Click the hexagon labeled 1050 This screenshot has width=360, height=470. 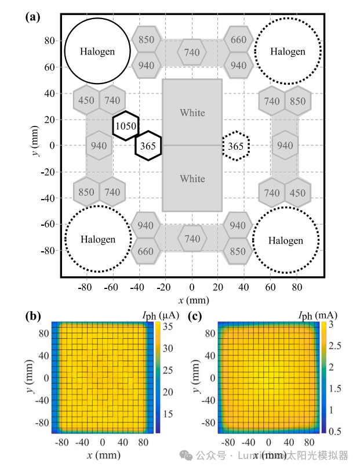125,126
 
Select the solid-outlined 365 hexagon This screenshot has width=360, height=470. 148,146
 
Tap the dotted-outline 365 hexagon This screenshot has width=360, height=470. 236,146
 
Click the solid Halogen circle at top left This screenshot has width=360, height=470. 97,51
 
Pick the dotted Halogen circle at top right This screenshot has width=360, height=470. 288,51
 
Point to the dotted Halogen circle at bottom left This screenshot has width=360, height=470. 97,239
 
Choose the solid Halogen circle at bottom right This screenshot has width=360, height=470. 286,240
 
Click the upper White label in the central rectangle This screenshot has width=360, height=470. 192,113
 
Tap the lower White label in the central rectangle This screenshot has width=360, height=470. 192,179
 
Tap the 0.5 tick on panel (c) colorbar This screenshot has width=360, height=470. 334,431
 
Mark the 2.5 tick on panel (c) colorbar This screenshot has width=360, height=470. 334,346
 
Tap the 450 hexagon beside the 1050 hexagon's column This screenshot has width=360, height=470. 86,101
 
